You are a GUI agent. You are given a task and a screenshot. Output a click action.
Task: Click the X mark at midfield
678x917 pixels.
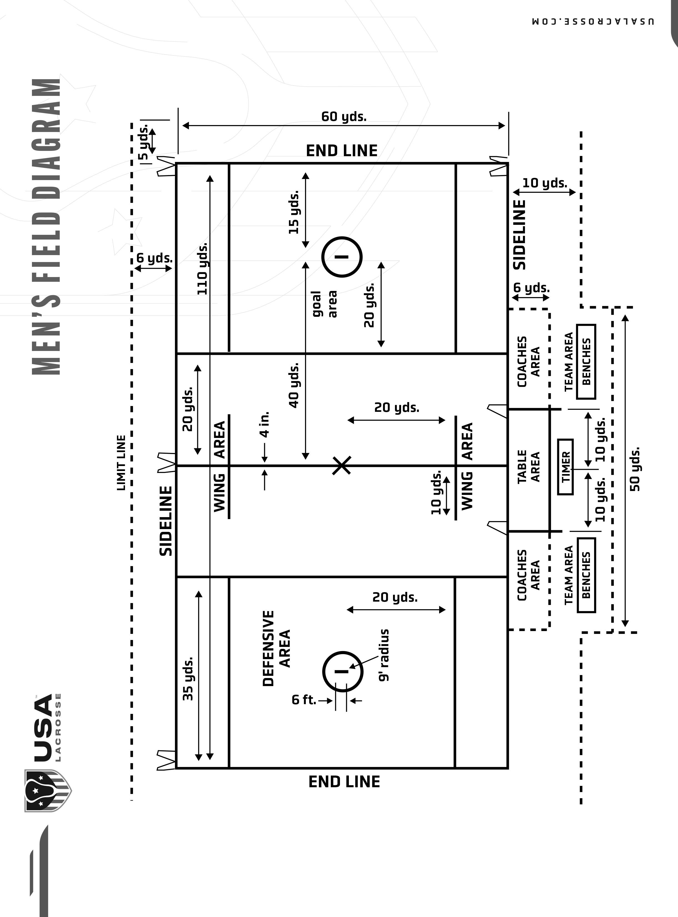tap(341, 465)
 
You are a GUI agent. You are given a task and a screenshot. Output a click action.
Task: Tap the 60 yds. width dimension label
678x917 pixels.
tap(344, 117)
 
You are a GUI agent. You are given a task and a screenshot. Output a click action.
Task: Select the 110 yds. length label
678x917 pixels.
tap(202, 269)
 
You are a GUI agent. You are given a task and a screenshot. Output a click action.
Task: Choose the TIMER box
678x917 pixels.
tap(566, 467)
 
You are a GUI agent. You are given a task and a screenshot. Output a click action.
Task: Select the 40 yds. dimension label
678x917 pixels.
tap(294, 385)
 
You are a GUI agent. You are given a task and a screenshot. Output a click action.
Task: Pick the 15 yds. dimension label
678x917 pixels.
tap(294, 212)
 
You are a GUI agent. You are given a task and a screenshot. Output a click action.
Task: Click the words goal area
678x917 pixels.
tap(324, 304)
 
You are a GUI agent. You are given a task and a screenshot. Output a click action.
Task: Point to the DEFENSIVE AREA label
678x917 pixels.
tap(276, 648)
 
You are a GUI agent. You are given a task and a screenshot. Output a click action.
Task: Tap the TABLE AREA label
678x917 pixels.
tap(528, 467)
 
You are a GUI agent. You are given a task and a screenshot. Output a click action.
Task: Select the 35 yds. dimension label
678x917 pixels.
tap(187, 679)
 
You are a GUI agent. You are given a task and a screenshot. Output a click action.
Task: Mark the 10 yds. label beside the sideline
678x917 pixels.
tap(545, 183)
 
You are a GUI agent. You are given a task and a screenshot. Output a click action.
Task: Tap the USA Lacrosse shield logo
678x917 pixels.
tap(47, 791)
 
